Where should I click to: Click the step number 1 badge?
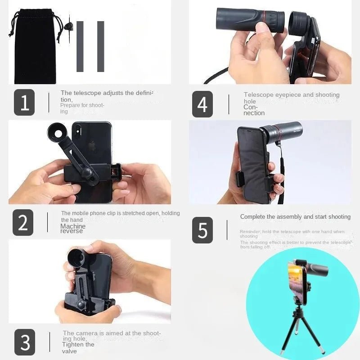point(24,103)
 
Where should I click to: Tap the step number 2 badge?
point(23,222)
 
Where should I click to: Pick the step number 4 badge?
point(202,104)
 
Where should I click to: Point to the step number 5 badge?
point(202,230)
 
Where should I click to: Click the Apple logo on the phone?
point(92,146)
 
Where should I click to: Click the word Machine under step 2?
point(72,226)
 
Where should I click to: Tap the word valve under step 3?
point(70,351)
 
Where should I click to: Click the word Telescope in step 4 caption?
point(259,95)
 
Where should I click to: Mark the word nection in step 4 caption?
point(254,113)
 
